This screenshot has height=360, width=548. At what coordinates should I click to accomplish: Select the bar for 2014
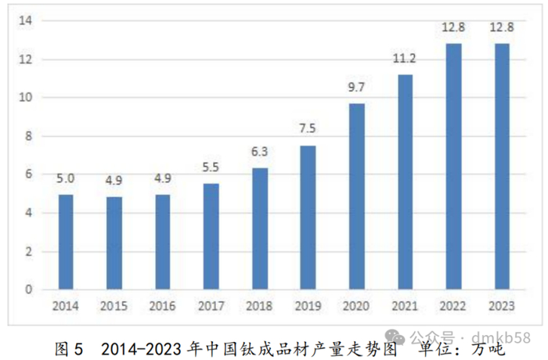click(x=66, y=242)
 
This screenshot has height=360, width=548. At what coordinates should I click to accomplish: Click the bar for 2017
click(x=211, y=236)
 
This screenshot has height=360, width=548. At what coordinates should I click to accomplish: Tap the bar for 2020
click(x=356, y=196)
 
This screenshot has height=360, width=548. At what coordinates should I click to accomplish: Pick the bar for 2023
click(x=501, y=167)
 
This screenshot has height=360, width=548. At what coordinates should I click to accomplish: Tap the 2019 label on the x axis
click(x=308, y=306)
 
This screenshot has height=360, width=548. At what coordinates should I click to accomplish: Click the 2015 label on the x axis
click(x=114, y=306)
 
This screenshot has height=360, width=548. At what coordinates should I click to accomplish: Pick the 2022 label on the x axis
click(x=452, y=306)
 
